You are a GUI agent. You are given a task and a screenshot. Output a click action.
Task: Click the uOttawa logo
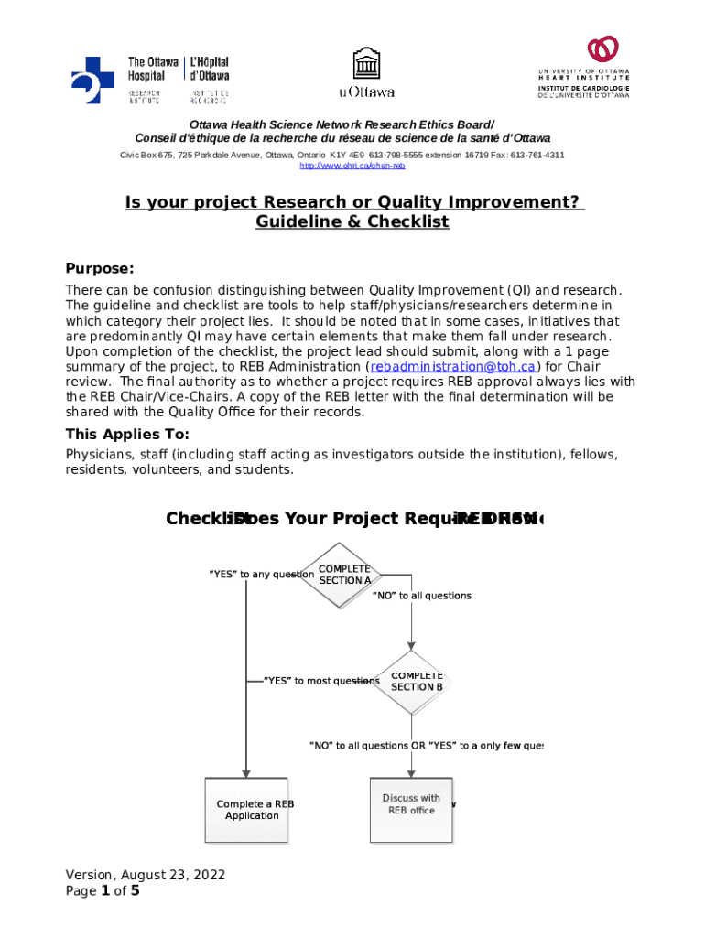(x=366, y=73)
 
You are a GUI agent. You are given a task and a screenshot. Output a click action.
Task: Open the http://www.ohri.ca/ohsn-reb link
(x=352, y=166)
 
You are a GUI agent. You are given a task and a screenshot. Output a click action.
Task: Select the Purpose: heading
(x=100, y=268)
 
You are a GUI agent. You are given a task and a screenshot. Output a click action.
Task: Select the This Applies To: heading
(x=127, y=434)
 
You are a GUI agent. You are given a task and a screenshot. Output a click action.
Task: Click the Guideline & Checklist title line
(x=352, y=222)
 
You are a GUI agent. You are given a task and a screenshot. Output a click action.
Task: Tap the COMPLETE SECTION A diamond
(x=343, y=575)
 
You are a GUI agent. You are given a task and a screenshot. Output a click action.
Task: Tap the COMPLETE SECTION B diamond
(x=417, y=682)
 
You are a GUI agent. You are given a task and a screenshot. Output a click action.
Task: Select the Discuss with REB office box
(x=411, y=804)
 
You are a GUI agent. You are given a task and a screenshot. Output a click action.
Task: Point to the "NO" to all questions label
(x=421, y=596)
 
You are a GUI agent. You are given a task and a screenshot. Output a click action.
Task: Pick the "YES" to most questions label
(x=320, y=681)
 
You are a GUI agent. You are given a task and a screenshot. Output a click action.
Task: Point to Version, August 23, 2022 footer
(x=145, y=875)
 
